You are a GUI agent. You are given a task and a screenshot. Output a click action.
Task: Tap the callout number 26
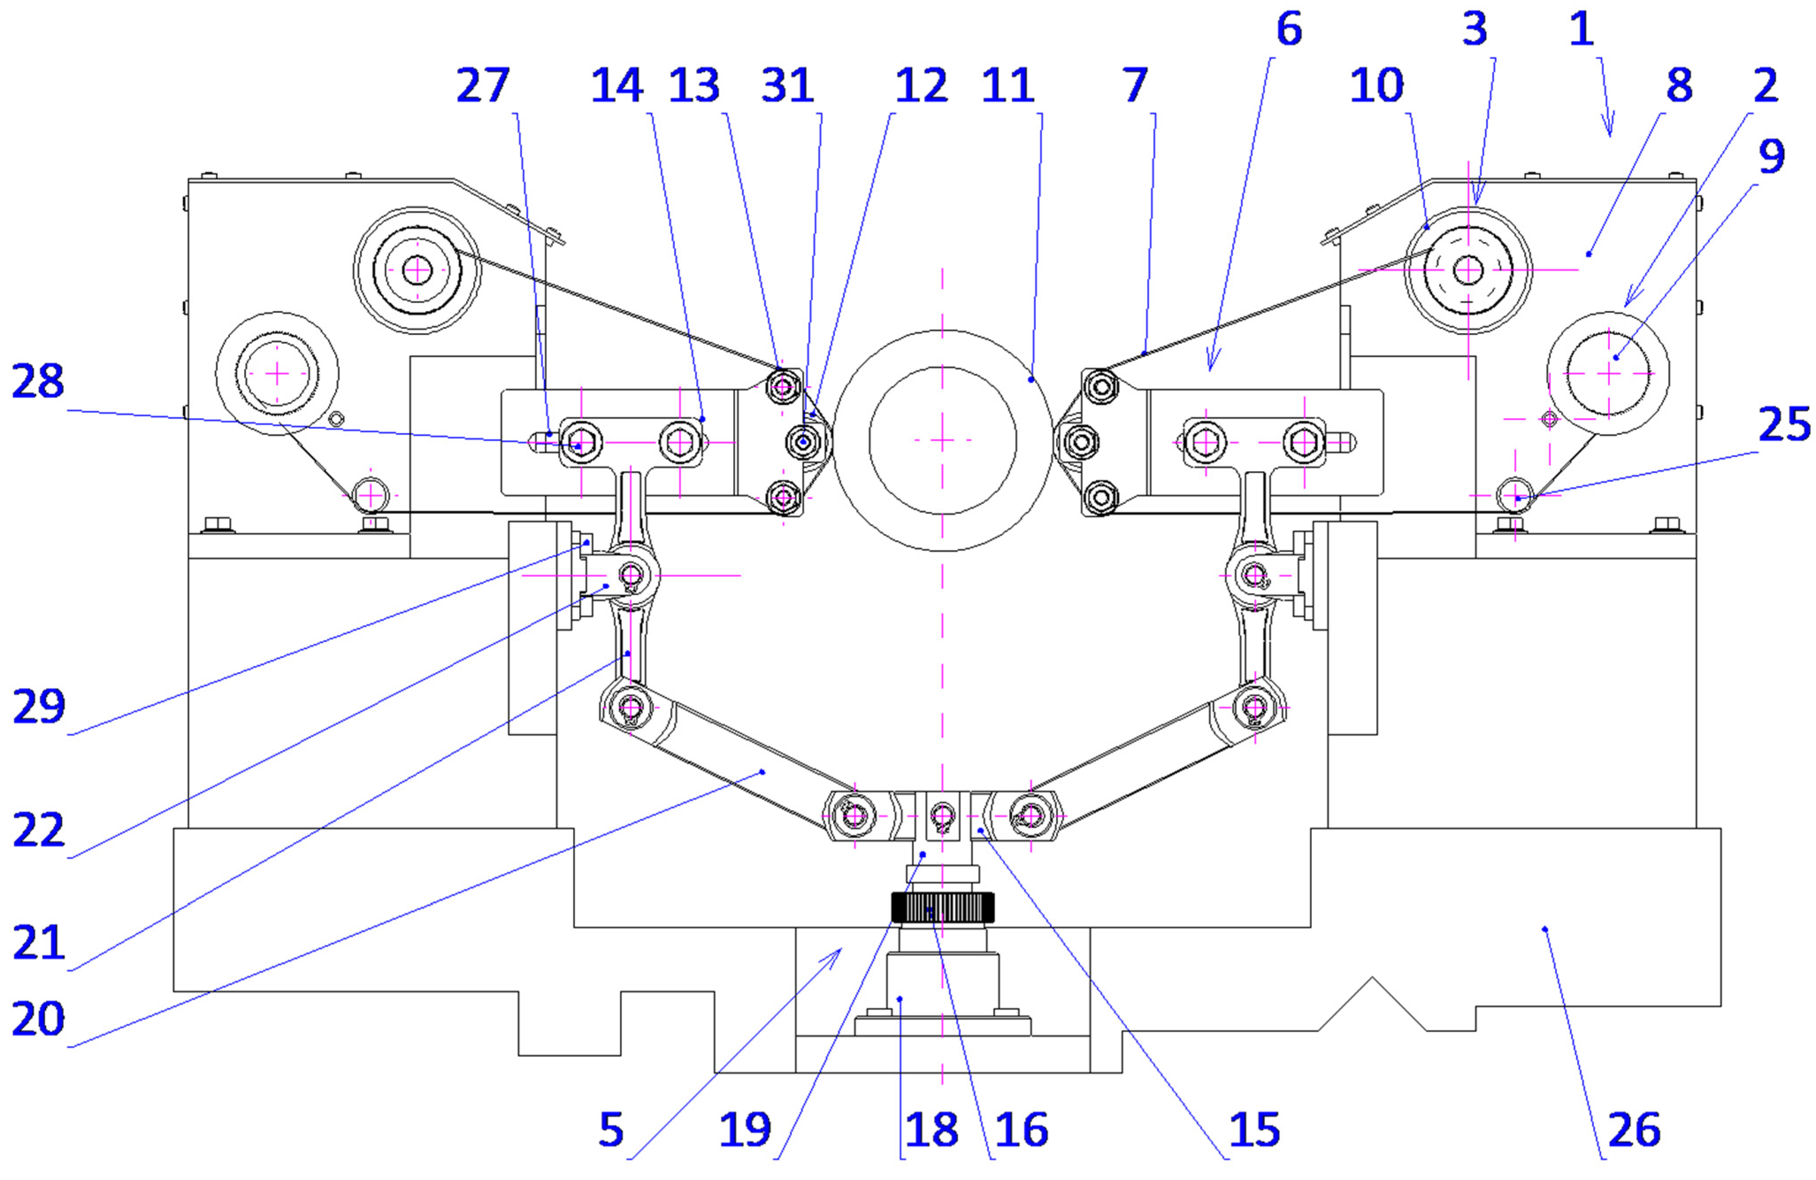pos(1634,1130)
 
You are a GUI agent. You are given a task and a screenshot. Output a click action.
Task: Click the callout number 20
pos(38,1019)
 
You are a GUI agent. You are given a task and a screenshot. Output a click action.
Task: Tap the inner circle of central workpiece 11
pos(942,440)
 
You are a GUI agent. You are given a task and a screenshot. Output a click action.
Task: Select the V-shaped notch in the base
pos(1373,1000)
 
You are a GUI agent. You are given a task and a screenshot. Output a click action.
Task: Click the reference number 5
pos(611,1130)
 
